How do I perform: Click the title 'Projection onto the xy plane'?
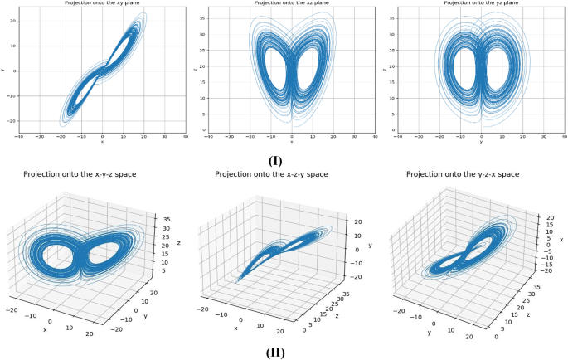pyautogui.click(x=102, y=3)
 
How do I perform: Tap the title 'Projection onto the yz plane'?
pyautogui.click(x=480, y=3)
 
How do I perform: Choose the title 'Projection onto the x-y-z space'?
pyautogui.click(x=80, y=174)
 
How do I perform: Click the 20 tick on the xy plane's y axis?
pyautogui.click(x=14, y=21)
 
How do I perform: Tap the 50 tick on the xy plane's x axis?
pyautogui.click(x=185, y=138)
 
